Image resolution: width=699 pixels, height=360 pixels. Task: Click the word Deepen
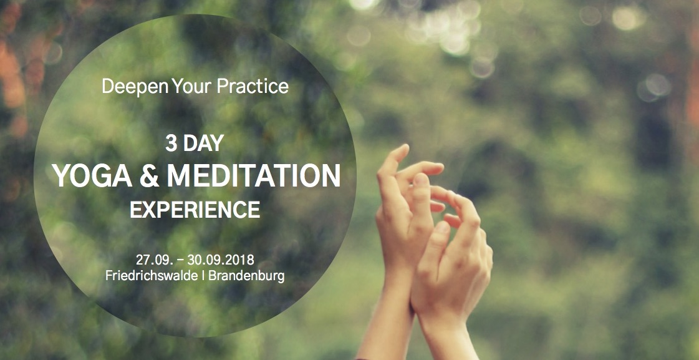pyautogui.click(x=135, y=87)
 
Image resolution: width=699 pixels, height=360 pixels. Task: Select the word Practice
pyautogui.click(x=253, y=86)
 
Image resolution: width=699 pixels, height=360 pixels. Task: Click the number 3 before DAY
pyautogui.click(x=171, y=144)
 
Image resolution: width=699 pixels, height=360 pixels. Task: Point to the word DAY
pyautogui.click(x=203, y=144)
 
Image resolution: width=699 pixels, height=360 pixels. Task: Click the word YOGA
pyautogui.click(x=92, y=175)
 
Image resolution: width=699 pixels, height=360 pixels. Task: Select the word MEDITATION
pyautogui.click(x=254, y=175)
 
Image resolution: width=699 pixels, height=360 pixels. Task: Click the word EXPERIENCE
pyautogui.click(x=195, y=209)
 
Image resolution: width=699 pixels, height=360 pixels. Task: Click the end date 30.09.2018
pyautogui.click(x=221, y=260)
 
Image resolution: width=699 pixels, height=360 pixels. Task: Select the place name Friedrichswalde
pyautogui.click(x=152, y=276)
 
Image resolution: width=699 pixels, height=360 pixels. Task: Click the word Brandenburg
pyautogui.click(x=246, y=276)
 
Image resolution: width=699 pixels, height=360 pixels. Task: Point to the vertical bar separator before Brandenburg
pyautogui.click(x=203, y=276)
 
